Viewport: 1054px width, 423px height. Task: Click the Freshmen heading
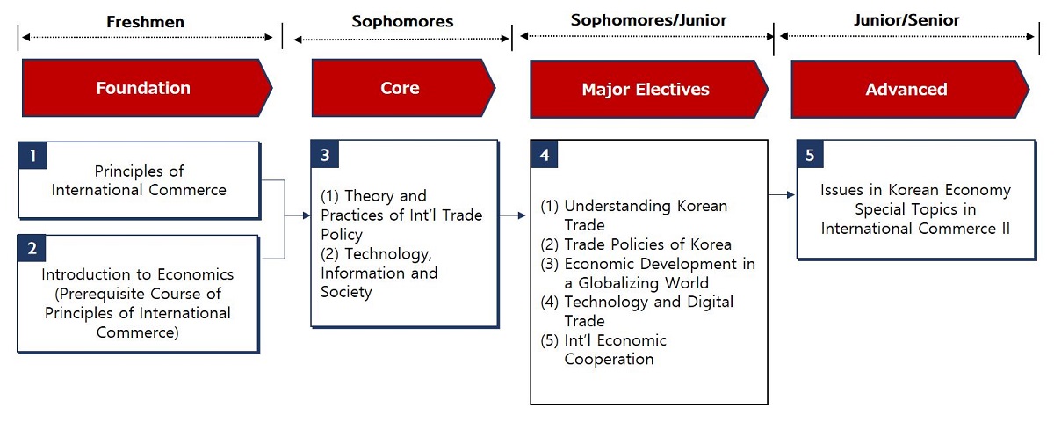146,22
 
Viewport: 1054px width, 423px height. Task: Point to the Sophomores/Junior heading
648,19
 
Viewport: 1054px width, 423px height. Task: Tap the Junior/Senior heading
906,19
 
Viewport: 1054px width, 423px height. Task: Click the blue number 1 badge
33,156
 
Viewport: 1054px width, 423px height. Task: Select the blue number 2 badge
32,248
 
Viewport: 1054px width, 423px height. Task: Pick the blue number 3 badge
325,154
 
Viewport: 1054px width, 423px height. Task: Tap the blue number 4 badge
545,154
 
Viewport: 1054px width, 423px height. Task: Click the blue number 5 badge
810,154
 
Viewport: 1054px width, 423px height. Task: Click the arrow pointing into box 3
298,215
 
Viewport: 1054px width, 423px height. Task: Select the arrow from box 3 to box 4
512,215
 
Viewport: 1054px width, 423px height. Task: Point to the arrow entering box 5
782,194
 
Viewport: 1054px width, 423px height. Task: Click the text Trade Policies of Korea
647,244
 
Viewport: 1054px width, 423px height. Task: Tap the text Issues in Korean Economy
915,190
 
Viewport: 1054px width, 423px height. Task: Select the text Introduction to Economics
137,274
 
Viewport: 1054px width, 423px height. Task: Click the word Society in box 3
346,292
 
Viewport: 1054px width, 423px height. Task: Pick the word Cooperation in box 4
609,360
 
